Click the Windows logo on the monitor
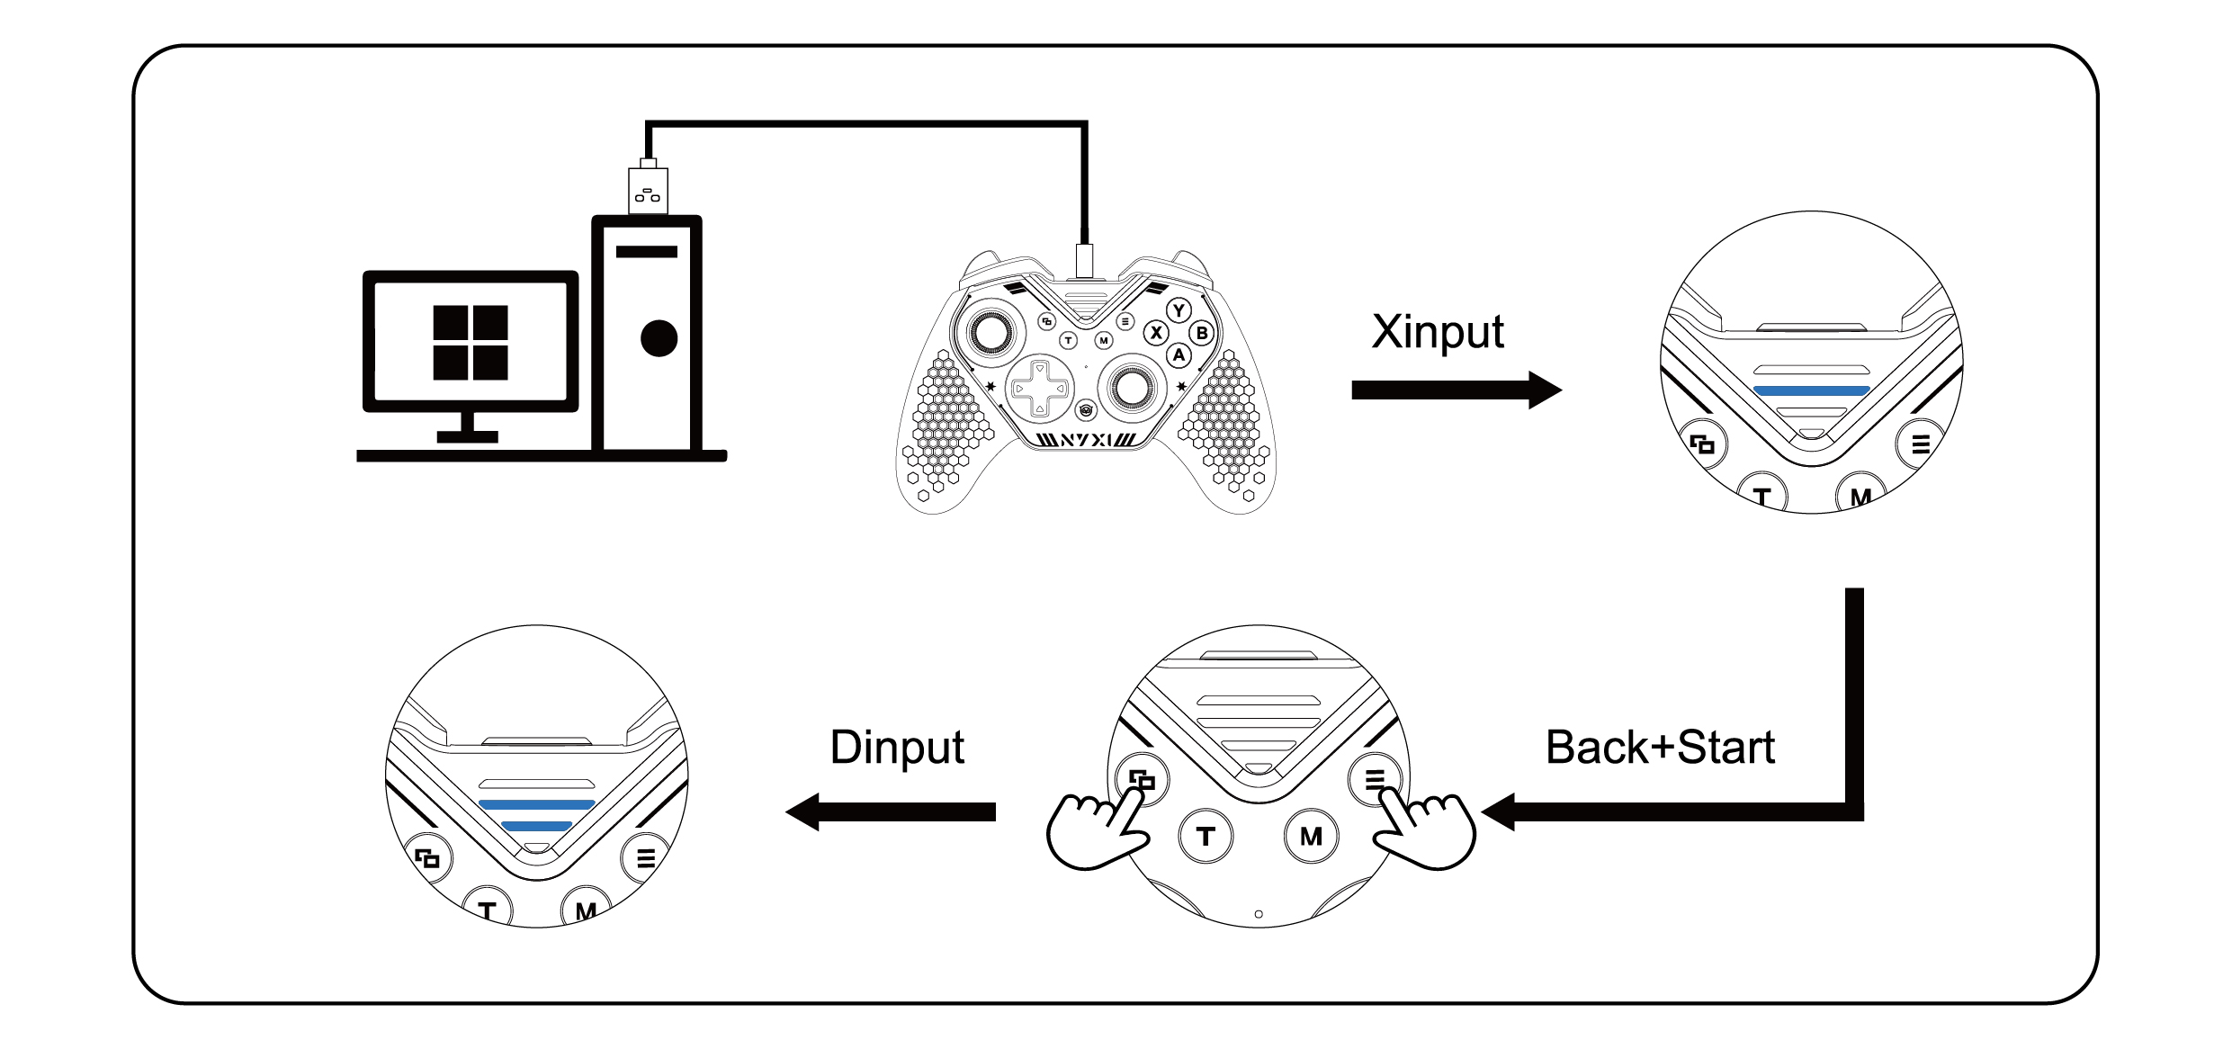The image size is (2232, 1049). coord(470,342)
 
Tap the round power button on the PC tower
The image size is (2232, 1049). coord(659,338)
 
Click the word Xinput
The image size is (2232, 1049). coord(1437,333)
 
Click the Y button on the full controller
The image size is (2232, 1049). coord(1179,311)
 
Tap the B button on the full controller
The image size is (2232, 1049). coord(1201,333)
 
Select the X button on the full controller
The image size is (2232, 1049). coord(1156,333)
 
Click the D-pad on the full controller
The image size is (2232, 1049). coord(1039,389)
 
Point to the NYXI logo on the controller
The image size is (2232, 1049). coord(1085,440)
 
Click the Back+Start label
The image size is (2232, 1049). coord(1660,748)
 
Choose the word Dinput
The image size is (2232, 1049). coord(897,748)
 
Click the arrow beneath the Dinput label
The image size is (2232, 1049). coord(891,811)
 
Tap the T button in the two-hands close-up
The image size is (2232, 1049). coord(1206,837)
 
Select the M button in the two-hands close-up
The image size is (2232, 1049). coord(1311,837)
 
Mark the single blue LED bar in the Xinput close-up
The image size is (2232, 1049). coord(1811,390)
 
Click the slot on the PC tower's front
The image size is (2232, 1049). coord(646,252)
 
